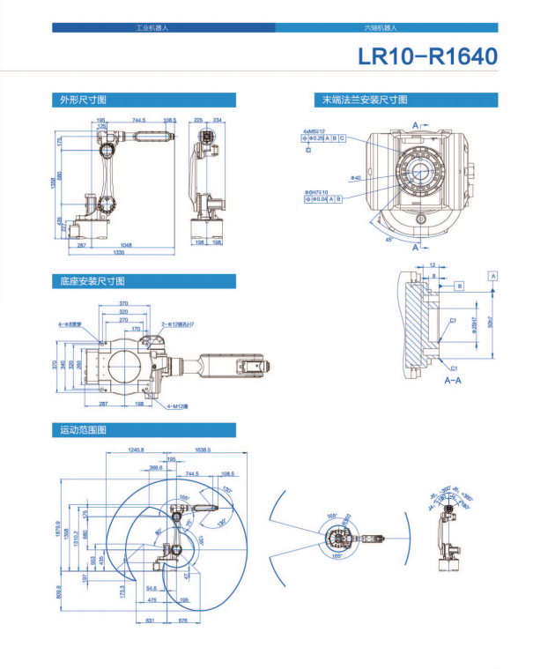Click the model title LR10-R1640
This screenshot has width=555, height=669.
[427, 56]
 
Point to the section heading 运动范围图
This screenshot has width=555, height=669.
[84, 430]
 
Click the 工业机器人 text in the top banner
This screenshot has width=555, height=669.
[152, 28]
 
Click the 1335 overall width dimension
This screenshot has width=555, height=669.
[130, 252]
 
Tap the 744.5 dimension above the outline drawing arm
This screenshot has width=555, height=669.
[139, 120]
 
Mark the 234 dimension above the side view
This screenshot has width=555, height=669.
[217, 120]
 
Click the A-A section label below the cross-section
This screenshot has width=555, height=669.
[454, 381]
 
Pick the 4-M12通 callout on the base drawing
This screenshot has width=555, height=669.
[176, 406]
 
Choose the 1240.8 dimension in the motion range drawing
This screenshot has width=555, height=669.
[135, 450]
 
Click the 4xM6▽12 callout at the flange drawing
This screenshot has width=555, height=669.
[314, 131]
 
